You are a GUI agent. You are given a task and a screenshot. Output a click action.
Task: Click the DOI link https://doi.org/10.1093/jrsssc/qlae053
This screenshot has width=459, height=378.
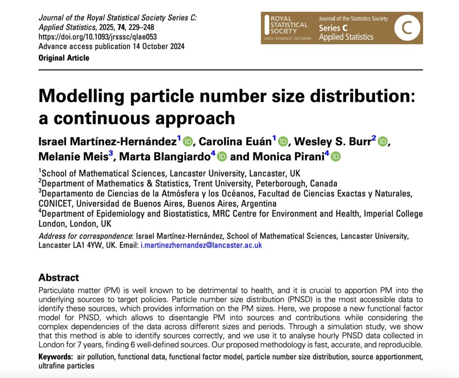98,37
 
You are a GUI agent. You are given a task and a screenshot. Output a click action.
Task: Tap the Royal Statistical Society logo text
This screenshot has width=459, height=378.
289,25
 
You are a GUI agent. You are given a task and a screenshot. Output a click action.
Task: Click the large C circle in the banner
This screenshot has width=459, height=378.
407,28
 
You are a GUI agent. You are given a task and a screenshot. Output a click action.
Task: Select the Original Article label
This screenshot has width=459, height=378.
64,58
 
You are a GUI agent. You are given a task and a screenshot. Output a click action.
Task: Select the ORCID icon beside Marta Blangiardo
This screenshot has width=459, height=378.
222,156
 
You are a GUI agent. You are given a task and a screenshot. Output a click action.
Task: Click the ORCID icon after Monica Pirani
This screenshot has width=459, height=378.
336,156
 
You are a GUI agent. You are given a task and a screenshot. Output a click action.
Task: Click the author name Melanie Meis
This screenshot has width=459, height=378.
73,156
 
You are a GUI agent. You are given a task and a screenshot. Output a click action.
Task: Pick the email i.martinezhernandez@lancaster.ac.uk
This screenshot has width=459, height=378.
201,245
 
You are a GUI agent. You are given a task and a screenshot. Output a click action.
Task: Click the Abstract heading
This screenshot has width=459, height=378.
59,277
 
